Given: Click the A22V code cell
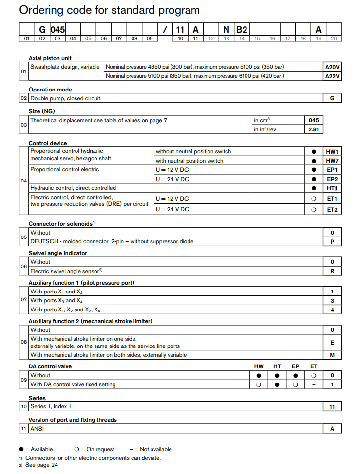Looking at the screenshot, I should (x=332, y=76).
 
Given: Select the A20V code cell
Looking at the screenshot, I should (x=332, y=67).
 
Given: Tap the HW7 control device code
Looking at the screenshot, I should (x=332, y=161).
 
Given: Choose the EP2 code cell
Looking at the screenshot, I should (x=332, y=179).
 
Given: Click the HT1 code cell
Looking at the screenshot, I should (x=332, y=188).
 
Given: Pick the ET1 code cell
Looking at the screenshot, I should (x=332, y=199).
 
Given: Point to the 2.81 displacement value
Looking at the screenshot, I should (x=313, y=129).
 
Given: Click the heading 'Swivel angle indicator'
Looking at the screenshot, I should (x=58, y=253).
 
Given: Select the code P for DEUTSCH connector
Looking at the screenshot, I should (x=332, y=242).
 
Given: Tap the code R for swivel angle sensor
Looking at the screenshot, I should (x=332, y=271).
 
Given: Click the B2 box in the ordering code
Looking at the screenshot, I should (x=242, y=30).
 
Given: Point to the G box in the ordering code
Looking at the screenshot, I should (x=42, y=30).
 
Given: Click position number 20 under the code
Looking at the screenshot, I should (x=333, y=39).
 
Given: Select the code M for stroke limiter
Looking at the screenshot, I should (x=332, y=355).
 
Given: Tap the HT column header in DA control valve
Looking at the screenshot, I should (x=277, y=366).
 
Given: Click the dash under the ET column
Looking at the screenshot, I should (x=314, y=385).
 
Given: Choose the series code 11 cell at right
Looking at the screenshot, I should (x=332, y=407).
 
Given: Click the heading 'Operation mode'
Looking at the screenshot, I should (x=50, y=90).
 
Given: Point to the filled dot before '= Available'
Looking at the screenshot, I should (x=21, y=449).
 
